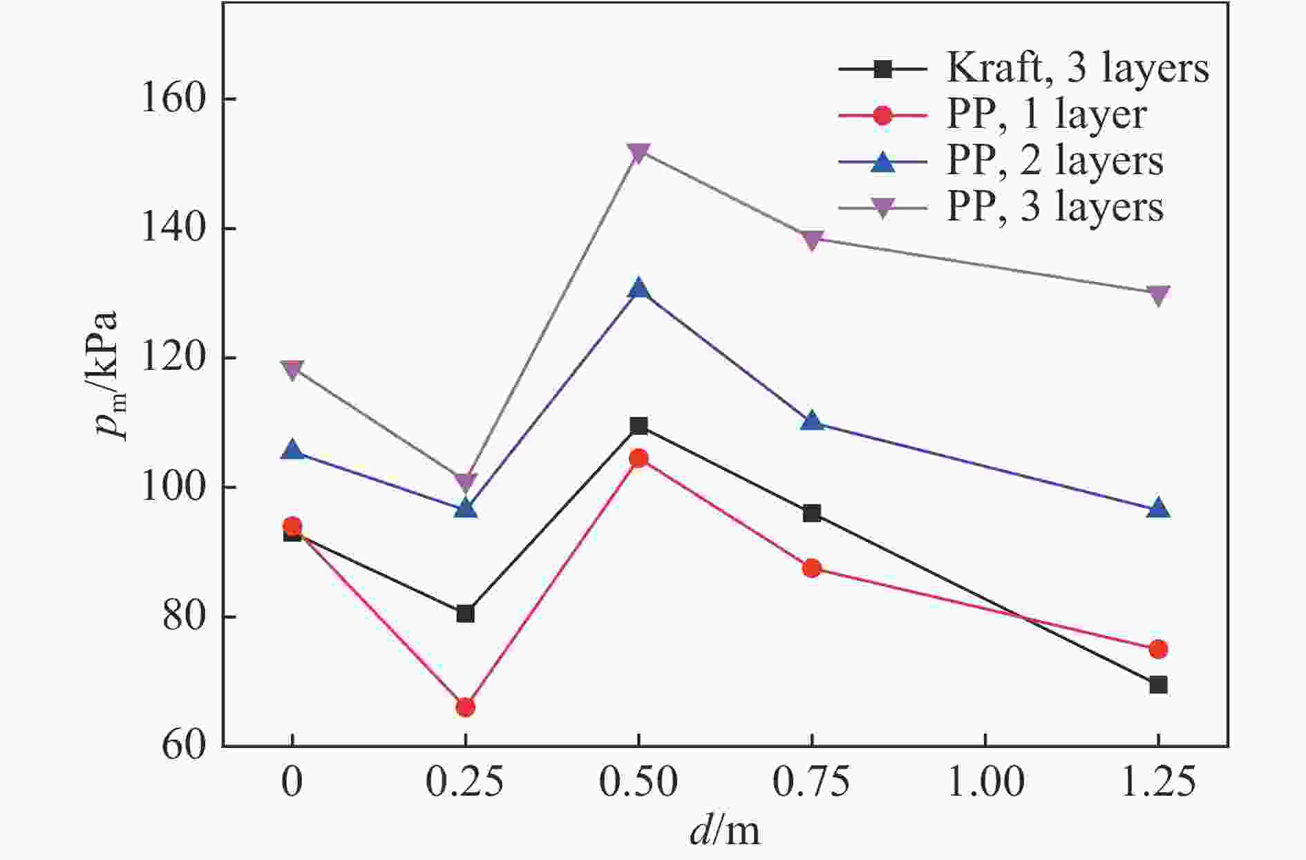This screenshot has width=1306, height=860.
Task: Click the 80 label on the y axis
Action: pyautogui.click(x=184, y=617)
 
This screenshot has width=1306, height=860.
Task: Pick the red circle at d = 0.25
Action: pyautogui.click(x=465, y=707)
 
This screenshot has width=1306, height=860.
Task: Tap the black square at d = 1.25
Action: pyautogui.click(x=1158, y=685)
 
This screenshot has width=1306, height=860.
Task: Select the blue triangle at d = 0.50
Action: pyautogui.click(x=638, y=289)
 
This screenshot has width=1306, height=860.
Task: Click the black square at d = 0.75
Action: pyautogui.click(x=812, y=513)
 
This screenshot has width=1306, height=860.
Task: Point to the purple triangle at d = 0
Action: pyautogui.click(x=292, y=370)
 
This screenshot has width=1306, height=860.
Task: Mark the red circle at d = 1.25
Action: pyautogui.click(x=1158, y=649)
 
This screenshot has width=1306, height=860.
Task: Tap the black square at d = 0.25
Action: pyautogui.click(x=465, y=613)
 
